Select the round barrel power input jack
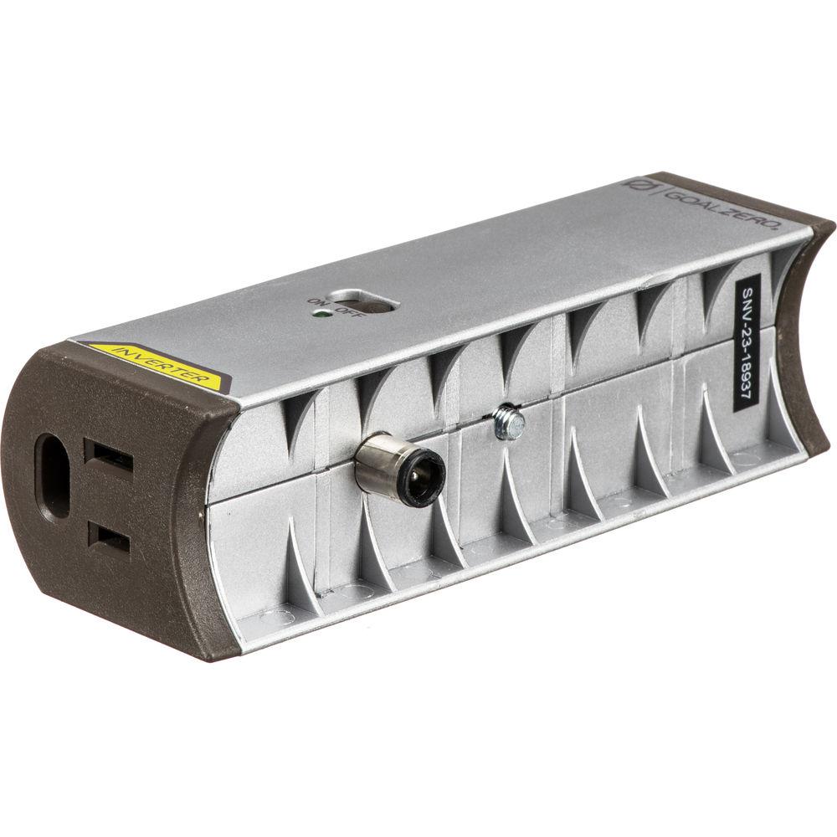[400, 471]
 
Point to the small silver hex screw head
[508, 423]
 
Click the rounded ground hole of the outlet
[53, 475]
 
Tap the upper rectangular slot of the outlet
[108, 457]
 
